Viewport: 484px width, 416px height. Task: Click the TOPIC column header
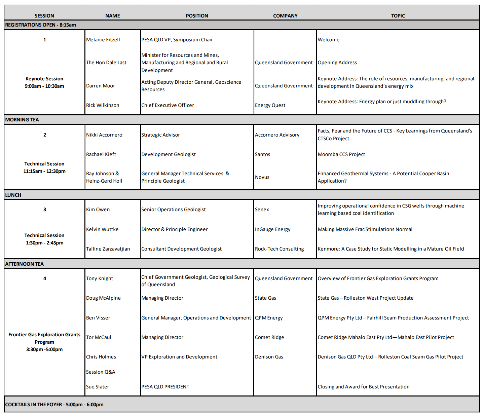pyautogui.click(x=398, y=16)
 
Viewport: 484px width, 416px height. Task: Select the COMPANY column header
pyautogui.click(x=285, y=16)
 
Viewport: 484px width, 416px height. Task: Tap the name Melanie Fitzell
pyautogui.click(x=103, y=40)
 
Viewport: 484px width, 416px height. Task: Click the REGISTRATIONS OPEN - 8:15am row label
pyautogui.click(x=41, y=25)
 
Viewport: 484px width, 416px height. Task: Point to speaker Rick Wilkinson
pyautogui.click(x=103, y=105)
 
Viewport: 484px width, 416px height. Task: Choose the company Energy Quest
pyautogui.click(x=270, y=105)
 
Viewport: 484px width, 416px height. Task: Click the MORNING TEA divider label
pyautogui.click(x=22, y=120)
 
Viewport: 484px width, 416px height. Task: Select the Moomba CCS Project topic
pyautogui.click(x=341, y=154)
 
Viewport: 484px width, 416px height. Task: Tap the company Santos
pyautogui.click(x=262, y=154)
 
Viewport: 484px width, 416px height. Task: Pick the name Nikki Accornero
pyautogui.click(x=104, y=135)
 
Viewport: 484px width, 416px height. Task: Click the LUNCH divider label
pyautogui.click(x=13, y=195)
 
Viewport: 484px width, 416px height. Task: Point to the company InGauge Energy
pyautogui.click(x=273, y=229)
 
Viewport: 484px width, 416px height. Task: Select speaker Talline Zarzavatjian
pyautogui.click(x=108, y=249)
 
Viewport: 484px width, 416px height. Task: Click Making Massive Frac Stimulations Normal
pyautogui.click(x=365, y=229)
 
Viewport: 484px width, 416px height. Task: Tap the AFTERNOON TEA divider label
pyautogui.click(x=25, y=264)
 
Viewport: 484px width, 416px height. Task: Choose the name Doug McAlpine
pyautogui.click(x=103, y=298)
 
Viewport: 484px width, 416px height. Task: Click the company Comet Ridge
pyautogui.click(x=269, y=337)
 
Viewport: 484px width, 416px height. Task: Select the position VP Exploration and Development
pyautogui.click(x=179, y=357)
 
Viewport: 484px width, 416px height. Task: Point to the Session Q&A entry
pyautogui.click(x=101, y=372)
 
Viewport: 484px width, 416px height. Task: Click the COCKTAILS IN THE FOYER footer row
pyautogui.click(x=54, y=405)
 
